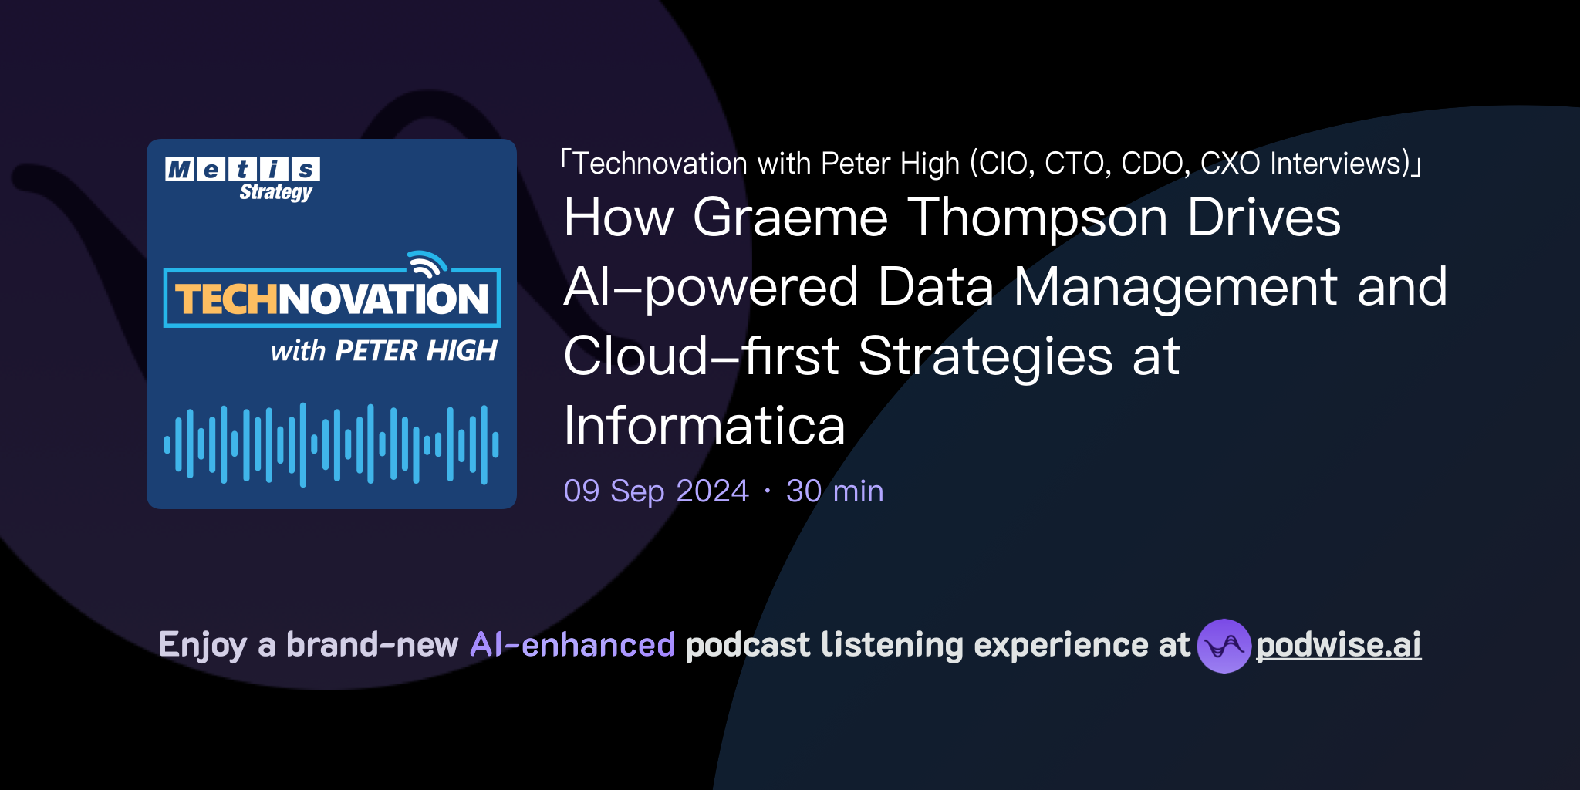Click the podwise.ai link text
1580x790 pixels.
tap(1338, 645)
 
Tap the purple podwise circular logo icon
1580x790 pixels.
tap(1224, 646)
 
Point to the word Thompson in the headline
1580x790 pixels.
tap(1037, 218)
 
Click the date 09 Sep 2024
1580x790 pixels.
tap(656, 491)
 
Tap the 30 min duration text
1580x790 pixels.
tap(835, 491)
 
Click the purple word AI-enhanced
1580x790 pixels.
tap(572, 644)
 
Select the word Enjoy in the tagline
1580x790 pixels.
tap(202, 645)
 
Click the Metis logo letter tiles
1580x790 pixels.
tap(242, 169)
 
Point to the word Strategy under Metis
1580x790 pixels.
tap(275, 192)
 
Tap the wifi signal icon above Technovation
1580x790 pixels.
tap(427, 264)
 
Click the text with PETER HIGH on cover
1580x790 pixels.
tap(383, 351)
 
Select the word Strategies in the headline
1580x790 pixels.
tap(985, 357)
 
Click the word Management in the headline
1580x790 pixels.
tap(1175, 287)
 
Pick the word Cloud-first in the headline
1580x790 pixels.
tap(701, 356)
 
